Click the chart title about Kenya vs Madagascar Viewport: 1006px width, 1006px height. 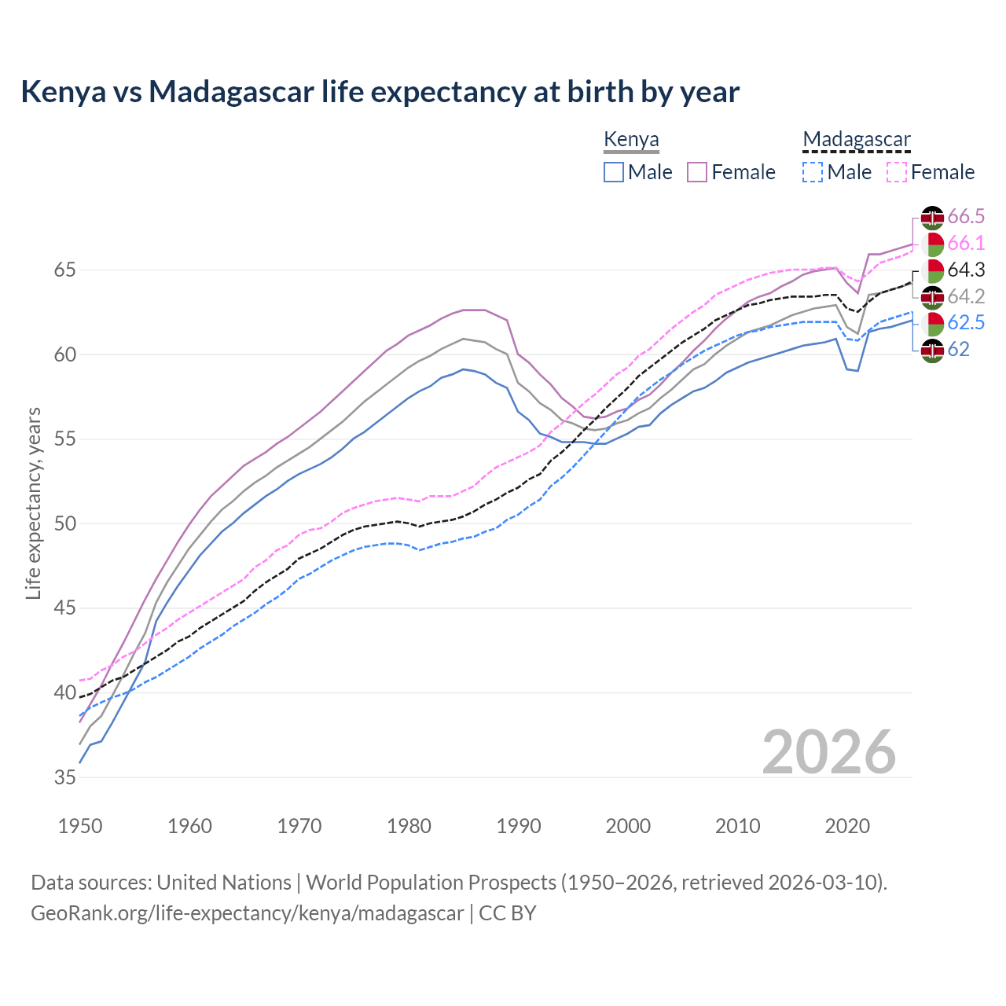tap(380, 92)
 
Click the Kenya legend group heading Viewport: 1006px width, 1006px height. tap(631, 140)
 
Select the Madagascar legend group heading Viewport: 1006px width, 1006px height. tap(856, 140)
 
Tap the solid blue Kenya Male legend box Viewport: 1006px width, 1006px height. tap(614, 172)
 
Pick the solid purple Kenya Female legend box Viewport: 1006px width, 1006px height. tap(697, 172)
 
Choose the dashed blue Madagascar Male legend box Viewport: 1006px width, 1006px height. tap(813, 172)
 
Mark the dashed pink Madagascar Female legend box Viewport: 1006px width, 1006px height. tap(897, 172)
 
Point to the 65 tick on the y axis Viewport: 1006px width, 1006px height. tap(65, 270)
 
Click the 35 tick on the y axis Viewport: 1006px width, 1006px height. tap(65, 778)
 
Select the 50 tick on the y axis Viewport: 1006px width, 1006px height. tap(65, 524)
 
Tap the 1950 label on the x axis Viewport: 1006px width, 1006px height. tap(80, 826)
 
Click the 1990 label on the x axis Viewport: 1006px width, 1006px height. tap(519, 826)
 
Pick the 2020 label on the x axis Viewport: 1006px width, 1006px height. tap(847, 826)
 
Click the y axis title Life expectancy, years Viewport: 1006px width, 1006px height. tap(33, 503)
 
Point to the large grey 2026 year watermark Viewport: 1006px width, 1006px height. tap(828, 752)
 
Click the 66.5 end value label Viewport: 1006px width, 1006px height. tap(966, 217)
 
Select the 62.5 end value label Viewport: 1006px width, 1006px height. tap(966, 323)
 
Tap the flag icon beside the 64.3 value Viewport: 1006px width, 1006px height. tap(932, 270)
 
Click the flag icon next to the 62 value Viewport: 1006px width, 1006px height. tap(932, 351)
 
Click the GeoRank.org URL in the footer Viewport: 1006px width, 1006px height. tap(247, 913)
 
